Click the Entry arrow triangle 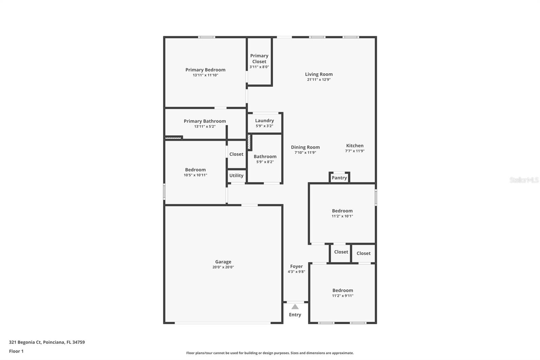pyautogui.click(x=295, y=307)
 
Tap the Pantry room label pyautogui.click(x=339, y=178)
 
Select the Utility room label pyautogui.click(x=236, y=175)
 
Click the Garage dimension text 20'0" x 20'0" pyautogui.click(x=223, y=267)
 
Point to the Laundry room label pyautogui.click(x=264, y=121)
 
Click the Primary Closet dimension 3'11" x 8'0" pyautogui.click(x=259, y=67)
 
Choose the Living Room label pyautogui.click(x=319, y=74)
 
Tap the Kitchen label pyautogui.click(x=355, y=146)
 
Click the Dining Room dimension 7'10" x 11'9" pyautogui.click(x=305, y=153)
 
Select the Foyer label pyautogui.click(x=296, y=266)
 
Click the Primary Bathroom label pyautogui.click(x=205, y=121)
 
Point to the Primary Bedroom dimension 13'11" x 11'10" pyautogui.click(x=205, y=75)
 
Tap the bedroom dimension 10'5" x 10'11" pyautogui.click(x=195, y=175)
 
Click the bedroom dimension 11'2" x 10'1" pyautogui.click(x=342, y=216)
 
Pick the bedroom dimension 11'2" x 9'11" pyautogui.click(x=343, y=296)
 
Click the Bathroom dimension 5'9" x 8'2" pyautogui.click(x=265, y=162)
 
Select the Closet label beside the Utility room pyautogui.click(x=236, y=154)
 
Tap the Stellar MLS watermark pyautogui.click(x=524, y=180)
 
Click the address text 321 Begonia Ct pyautogui.click(x=25, y=342)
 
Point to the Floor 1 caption pyautogui.click(x=16, y=351)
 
